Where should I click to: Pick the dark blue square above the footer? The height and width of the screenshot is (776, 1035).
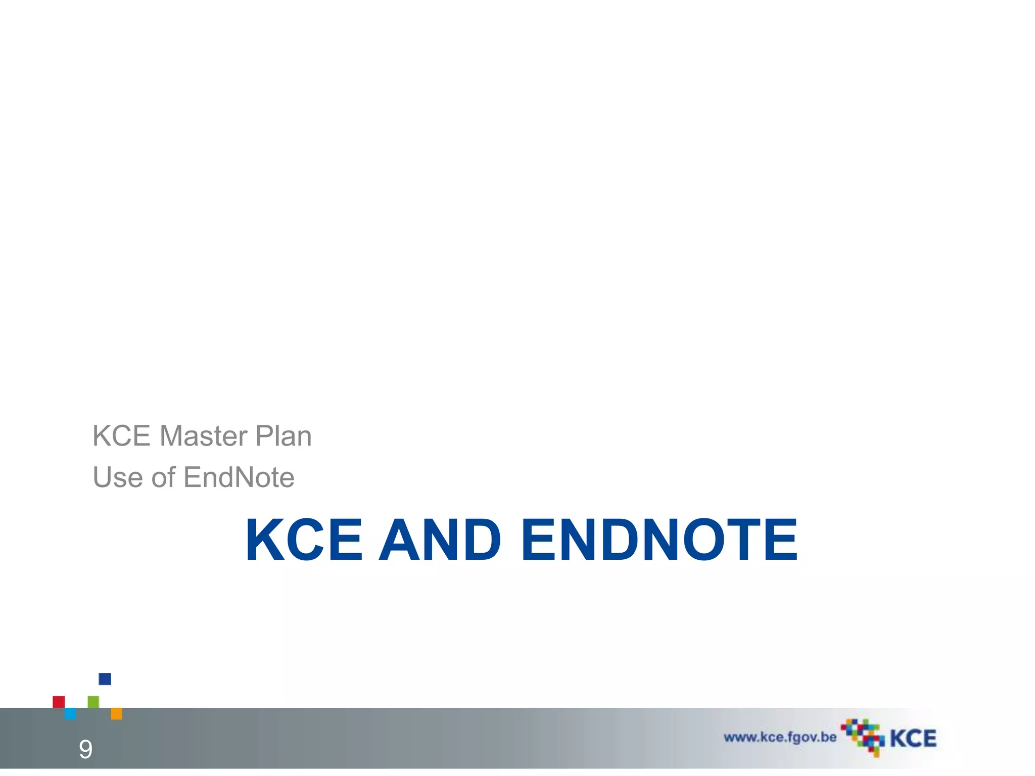[x=105, y=679]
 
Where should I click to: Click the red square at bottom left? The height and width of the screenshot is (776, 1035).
[x=59, y=702]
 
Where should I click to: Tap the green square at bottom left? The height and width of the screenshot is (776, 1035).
[x=93, y=702]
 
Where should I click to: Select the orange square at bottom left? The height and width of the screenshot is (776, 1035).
[x=116, y=713]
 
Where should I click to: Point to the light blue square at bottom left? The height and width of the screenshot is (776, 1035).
[x=70, y=713]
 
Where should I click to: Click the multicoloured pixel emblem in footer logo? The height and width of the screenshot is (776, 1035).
[x=863, y=737]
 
